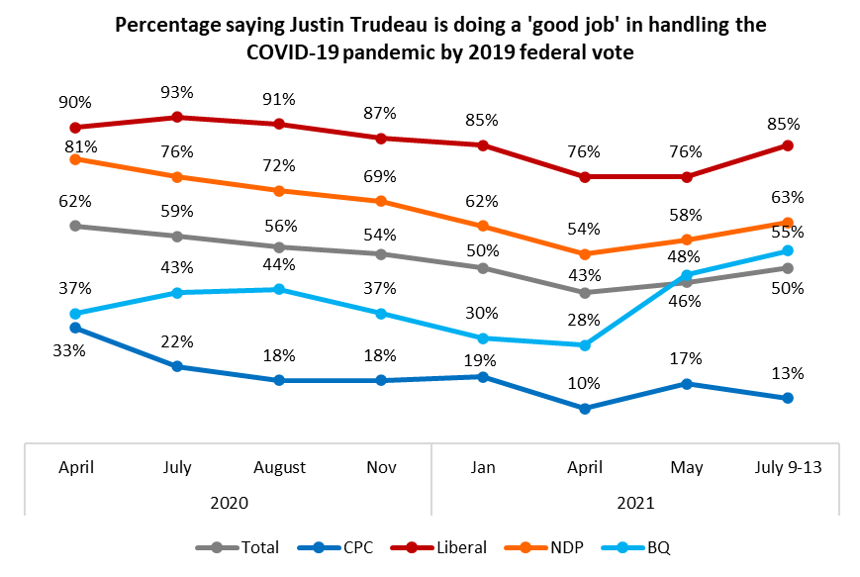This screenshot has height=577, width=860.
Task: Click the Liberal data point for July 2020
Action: (x=177, y=117)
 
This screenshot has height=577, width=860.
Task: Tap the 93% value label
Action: (x=177, y=92)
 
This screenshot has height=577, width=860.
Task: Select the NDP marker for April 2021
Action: (x=585, y=254)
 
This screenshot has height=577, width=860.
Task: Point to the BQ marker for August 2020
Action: (x=279, y=289)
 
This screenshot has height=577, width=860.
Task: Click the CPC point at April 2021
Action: (x=585, y=408)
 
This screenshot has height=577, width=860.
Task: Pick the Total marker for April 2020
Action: (x=75, y=226)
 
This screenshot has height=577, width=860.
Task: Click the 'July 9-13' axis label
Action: (x=788, y=467)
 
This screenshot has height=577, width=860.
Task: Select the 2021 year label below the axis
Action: (x=635, y=502)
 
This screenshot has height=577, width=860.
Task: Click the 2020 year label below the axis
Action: (x=229, y=502)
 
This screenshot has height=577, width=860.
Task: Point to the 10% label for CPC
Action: (x=585, y=383)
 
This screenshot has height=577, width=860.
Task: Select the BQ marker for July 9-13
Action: (x=788, y=250)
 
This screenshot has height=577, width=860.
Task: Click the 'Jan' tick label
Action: (x=483, y=467)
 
